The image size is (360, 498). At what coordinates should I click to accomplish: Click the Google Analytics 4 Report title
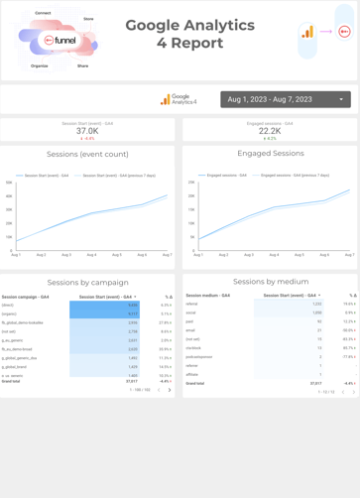click(189, 34)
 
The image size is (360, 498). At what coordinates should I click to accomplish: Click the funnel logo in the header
click(60, 41)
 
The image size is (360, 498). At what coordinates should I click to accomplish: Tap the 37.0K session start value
click(87, 131)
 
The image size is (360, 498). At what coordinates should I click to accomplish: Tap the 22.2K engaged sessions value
click(270, 131)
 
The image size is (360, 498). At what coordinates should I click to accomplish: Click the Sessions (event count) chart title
click(87, 155)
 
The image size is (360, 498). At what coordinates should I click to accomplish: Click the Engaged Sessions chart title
click(271, 154)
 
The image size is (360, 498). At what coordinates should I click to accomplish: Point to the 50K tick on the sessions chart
click(10, 183)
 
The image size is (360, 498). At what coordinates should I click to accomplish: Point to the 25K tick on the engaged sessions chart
click(191, 183)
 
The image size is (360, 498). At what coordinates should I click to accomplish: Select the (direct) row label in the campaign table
click(8, 305)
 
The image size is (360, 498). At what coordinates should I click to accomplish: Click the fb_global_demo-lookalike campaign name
click(23, 322)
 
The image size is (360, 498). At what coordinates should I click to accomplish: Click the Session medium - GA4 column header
click(207, 296)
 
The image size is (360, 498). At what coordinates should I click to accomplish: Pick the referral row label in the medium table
click(191, 305)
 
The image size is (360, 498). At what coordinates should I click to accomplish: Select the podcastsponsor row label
click(198, 356)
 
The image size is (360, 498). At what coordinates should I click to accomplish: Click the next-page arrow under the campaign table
click(170, 390)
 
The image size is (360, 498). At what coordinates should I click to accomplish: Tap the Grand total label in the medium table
click(194, 383)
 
